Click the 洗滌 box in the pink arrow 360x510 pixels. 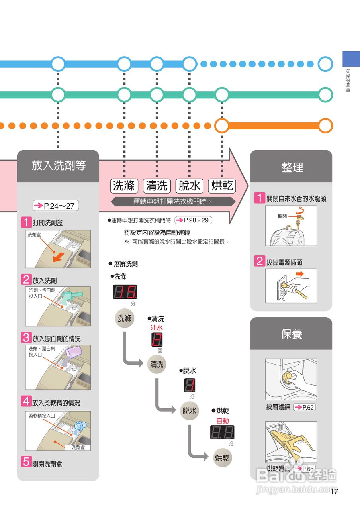click(124, 186)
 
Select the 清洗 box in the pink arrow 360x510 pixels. click(157, 186)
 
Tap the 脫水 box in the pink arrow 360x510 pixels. click(189, 186)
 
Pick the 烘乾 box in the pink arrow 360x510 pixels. click(222, 186)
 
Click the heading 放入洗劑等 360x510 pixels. click(59, 166)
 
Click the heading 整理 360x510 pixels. click(292, 167)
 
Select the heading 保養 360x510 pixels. click(291, 334)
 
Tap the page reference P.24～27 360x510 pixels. click(55, 206)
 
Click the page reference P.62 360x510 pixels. click(304, 407)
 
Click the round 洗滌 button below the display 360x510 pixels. click(124, 318)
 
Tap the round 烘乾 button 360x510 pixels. click(222, 458)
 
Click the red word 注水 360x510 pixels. click(157, 328)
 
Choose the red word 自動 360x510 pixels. click(223, 421)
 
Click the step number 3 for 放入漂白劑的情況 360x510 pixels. click(26, 338)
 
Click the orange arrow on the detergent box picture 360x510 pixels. click(58, 258)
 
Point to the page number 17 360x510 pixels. click(334, 491)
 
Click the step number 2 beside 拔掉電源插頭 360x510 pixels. click(260, 262)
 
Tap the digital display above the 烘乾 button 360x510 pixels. click(222, 432)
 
